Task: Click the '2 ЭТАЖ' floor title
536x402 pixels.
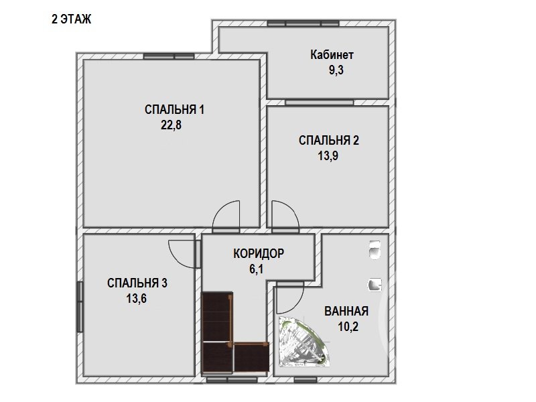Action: [72, 19]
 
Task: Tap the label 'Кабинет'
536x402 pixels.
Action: [332, 55]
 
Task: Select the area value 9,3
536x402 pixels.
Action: [336, 70]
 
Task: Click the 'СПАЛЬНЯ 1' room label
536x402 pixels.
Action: [174, 110]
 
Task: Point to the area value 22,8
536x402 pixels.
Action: [171, 125]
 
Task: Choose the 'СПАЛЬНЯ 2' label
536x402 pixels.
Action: [329, 141]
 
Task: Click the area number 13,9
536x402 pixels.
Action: [328, 156]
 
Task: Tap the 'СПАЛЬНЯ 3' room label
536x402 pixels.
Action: [137, 283]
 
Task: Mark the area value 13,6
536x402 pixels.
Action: [136, 298]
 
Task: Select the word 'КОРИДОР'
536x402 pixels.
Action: [259, 254]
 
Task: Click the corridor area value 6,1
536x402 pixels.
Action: [256, 269]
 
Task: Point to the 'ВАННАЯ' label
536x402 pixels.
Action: [346, 312]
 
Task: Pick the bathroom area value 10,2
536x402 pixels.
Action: [348, 327]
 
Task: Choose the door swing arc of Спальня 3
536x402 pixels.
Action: [175, 259]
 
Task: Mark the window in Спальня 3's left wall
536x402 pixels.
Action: [80, 307]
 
